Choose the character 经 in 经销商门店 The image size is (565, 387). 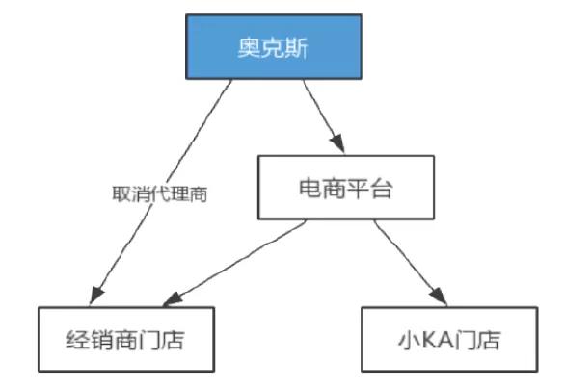click(79, 339)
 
